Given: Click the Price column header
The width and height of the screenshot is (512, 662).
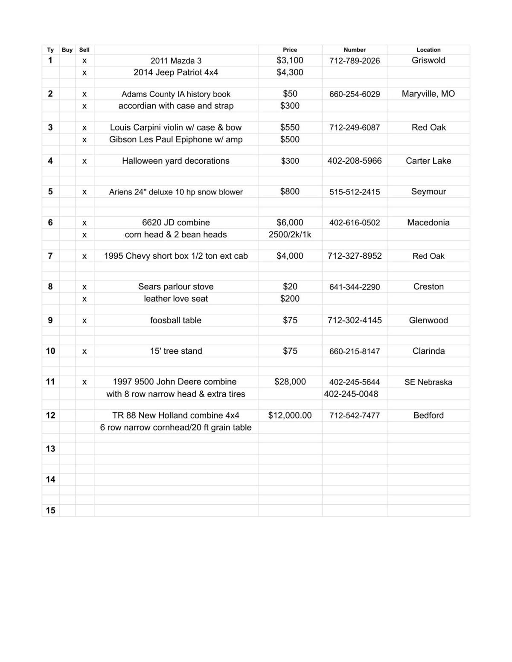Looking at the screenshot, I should pos(290,50).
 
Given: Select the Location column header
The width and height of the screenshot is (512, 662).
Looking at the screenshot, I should pos(428,50).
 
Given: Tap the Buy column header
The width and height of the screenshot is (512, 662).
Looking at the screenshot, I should pos(67,50).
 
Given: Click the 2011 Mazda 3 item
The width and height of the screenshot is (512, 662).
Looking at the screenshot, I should pos(176,61).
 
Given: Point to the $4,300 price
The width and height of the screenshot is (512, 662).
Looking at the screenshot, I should pos(290,72).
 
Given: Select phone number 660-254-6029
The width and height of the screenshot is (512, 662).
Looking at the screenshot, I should pos(354,94).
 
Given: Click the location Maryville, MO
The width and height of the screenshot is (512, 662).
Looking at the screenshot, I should pos(428,94).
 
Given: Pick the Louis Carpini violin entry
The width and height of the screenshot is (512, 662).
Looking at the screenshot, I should pos(176,127).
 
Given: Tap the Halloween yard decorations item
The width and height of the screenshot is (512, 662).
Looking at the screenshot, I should pos(176,161).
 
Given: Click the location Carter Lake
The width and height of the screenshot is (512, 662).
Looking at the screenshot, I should pos(428,161).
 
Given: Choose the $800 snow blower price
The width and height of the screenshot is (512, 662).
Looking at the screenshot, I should pos(290,191).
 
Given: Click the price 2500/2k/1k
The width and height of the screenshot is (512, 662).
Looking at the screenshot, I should pos(290,234).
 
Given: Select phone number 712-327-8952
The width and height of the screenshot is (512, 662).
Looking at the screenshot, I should pos(354,256).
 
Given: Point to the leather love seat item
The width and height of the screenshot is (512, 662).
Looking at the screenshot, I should pos(176,298).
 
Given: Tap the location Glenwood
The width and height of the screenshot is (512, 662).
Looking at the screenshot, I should pos(428,320).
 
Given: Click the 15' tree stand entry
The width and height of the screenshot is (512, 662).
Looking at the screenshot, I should pos(176,351).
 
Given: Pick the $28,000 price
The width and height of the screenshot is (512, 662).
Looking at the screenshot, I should pos(290,382).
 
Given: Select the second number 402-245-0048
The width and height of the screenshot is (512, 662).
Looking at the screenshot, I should pos(351,394).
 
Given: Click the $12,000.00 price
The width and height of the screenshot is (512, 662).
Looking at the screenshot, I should pos(290,415).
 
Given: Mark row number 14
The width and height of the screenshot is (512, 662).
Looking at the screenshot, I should pos(50,480).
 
